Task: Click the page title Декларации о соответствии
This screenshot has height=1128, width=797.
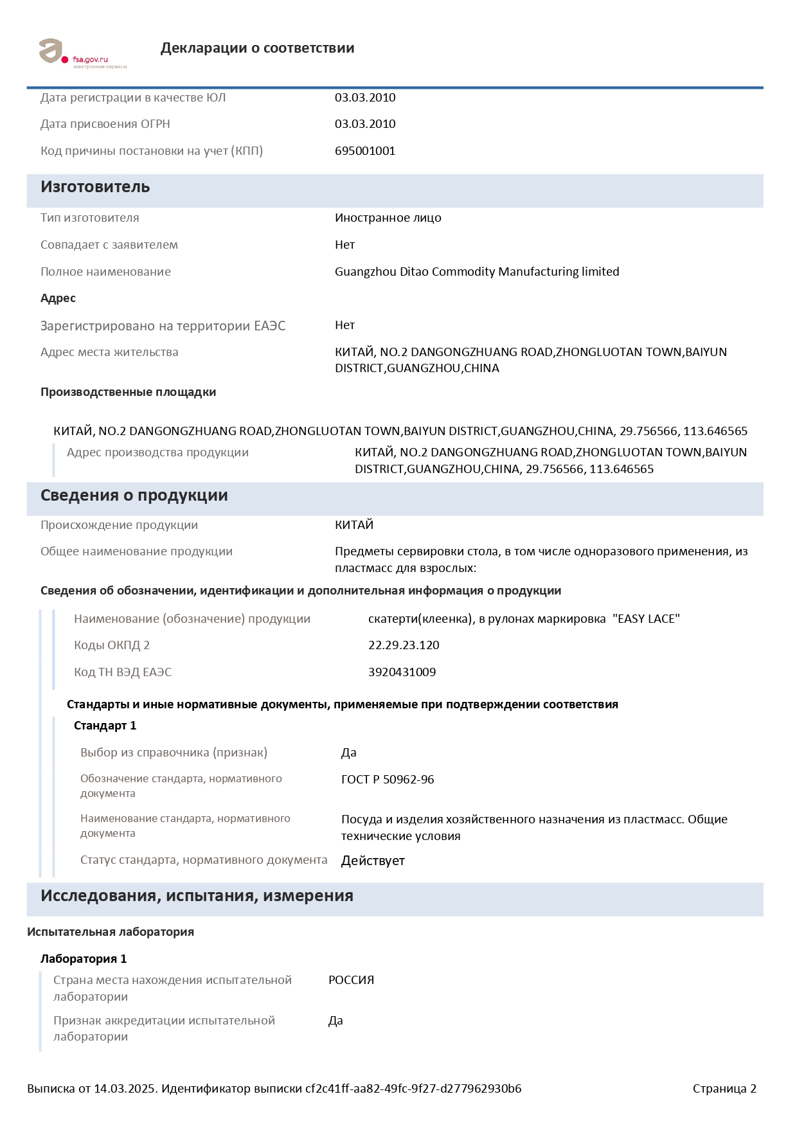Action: tap(257, 48)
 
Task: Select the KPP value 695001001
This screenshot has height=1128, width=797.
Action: tap(365, 151)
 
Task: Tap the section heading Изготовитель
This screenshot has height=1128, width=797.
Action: tap(95, 187)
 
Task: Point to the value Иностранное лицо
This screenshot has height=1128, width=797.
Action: tap(388, 218)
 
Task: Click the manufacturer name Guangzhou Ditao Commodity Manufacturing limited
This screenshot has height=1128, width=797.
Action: tap(477, 272)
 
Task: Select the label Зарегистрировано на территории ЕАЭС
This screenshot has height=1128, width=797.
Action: tap(163, 326)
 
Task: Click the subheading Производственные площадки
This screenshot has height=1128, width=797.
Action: tap(128, 392)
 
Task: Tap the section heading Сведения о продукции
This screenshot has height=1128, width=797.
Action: tap(134, 496)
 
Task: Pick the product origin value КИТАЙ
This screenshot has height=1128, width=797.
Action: tap(354, 525)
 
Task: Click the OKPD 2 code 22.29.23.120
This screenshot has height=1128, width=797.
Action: tap(404, 645)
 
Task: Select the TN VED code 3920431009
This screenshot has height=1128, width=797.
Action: tap(402, 672)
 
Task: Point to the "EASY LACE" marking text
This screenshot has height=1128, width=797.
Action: tap(646, 619)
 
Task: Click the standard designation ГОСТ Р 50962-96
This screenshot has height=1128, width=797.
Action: tap(388, 780)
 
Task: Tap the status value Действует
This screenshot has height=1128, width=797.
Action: tap(373, 861)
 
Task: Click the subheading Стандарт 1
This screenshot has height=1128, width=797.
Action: tap(105, 726)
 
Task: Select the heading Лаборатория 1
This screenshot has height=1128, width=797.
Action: tap(84, 959)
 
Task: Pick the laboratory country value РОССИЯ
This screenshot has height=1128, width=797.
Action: tap(351, 980)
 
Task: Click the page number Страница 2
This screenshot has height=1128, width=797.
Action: tap(724, 1089)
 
